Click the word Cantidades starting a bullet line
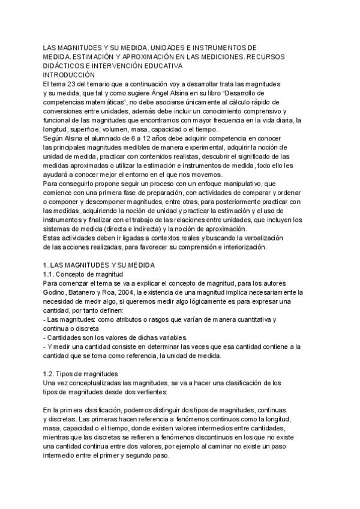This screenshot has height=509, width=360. pos(67,337)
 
